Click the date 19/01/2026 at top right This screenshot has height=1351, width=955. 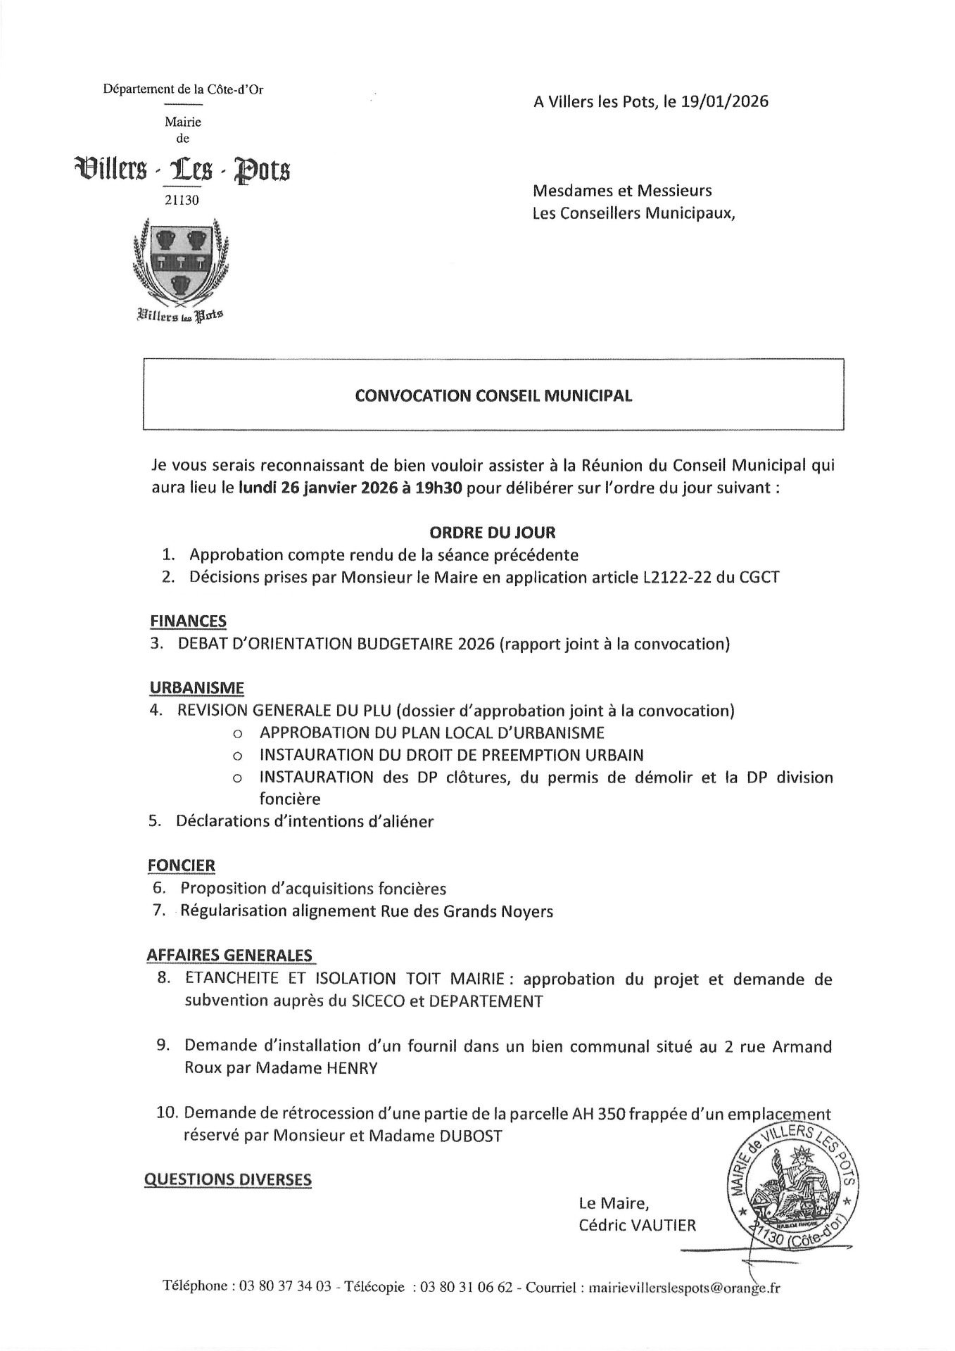pos(725,101)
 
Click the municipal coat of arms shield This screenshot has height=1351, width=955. pos(182,265)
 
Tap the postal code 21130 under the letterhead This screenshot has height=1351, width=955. pos(182,201)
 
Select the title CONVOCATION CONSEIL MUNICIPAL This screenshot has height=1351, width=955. pos(493,395)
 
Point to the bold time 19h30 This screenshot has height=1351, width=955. pos(438,488)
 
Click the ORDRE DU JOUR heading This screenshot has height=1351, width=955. pos(492,533)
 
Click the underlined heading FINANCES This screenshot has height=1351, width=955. pos(188,621)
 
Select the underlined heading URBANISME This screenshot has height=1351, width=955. pos(196,687)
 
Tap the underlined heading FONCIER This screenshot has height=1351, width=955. pos(182,865)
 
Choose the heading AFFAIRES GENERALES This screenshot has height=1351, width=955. pos(229,955)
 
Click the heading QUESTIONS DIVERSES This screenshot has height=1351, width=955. pos(227,1179)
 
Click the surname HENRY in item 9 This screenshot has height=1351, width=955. pos(352,1068)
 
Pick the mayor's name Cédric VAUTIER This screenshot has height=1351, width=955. pos(637,1225)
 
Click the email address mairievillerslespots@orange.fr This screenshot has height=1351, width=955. pos(683,1287)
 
